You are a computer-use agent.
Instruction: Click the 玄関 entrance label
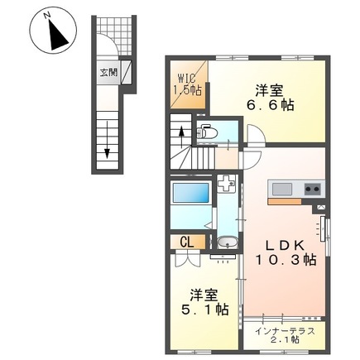pos(109,72)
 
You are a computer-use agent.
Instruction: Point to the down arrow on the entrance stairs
pos(108,146)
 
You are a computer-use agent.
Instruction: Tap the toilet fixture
pos(208,131)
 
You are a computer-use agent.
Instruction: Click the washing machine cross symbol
pos(225,186)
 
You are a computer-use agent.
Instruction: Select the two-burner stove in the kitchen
pos(312,188)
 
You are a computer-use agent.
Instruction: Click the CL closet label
pos(188,241)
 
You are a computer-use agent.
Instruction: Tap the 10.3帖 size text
pos(285,260)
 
